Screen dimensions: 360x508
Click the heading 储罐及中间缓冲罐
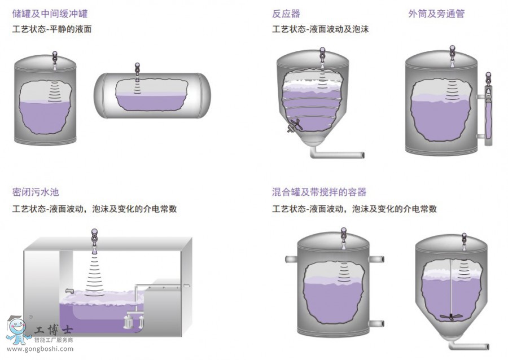point(50,14)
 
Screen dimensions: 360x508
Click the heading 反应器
point(286,14)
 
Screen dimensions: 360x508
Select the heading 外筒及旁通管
point(436,14)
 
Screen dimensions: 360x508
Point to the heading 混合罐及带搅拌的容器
point(319,192)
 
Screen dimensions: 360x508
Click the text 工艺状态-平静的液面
point(52,29)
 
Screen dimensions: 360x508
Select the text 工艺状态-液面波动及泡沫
point(320,29)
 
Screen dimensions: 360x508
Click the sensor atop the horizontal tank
point(137,68)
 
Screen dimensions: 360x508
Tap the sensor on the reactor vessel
point(321,54)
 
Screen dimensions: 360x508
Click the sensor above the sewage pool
point(94,234)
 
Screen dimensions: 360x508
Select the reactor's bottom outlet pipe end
point(361,155)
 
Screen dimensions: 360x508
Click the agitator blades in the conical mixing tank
point(450,315)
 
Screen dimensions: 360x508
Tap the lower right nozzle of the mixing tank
point(377,323)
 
